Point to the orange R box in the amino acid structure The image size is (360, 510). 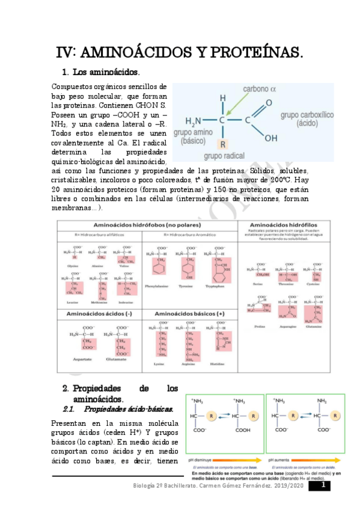222,145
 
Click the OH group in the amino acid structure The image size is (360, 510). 271,138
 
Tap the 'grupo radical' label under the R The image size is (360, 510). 223,156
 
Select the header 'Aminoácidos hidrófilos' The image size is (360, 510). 285,224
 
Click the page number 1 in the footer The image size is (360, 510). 323,485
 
